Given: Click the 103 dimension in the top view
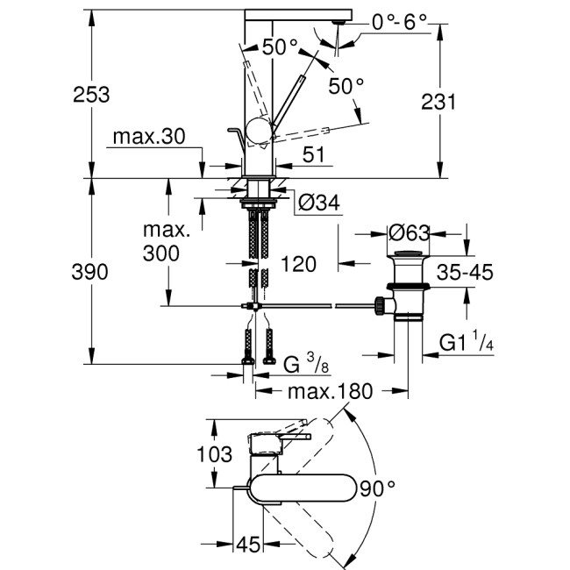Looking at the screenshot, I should (215, 454).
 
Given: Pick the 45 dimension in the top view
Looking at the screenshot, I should (249, 545).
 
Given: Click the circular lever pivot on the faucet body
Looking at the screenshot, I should (260, 132).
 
